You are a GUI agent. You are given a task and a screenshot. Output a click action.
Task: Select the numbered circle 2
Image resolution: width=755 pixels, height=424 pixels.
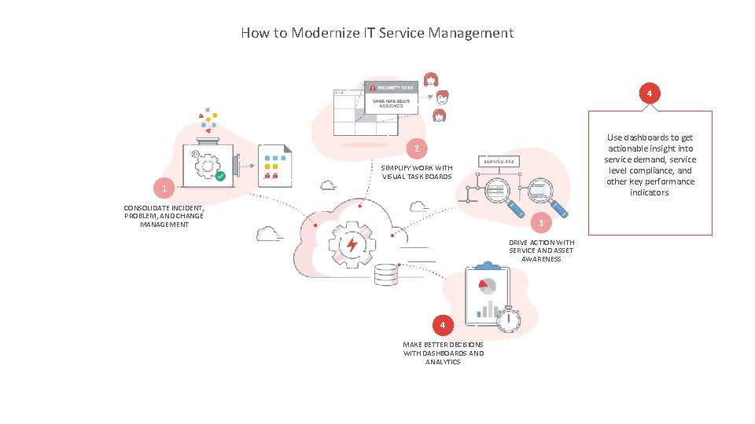point(418,148)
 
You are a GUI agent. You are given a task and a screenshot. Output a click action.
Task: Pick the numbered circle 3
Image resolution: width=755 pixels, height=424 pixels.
point(541,224)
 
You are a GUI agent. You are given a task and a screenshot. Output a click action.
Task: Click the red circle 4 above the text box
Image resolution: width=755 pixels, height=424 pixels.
point(648,94)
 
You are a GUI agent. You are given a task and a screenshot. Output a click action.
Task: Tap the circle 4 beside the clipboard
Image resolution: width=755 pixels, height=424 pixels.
point(443,324)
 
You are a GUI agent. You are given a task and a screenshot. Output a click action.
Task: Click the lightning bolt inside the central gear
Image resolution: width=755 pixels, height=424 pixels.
point(352,244)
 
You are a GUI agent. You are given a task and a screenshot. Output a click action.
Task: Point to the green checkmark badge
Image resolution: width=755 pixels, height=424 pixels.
point(220,176)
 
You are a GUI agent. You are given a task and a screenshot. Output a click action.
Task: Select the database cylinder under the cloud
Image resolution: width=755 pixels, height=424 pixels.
point(386,276)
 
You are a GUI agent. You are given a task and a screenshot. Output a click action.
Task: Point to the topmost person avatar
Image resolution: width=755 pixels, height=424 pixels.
point(431,79)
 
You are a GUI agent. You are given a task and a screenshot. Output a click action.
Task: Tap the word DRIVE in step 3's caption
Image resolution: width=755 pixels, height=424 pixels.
point(519,243)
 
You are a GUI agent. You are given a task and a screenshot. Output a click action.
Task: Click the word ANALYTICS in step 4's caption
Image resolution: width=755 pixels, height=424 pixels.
point(444,362)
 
